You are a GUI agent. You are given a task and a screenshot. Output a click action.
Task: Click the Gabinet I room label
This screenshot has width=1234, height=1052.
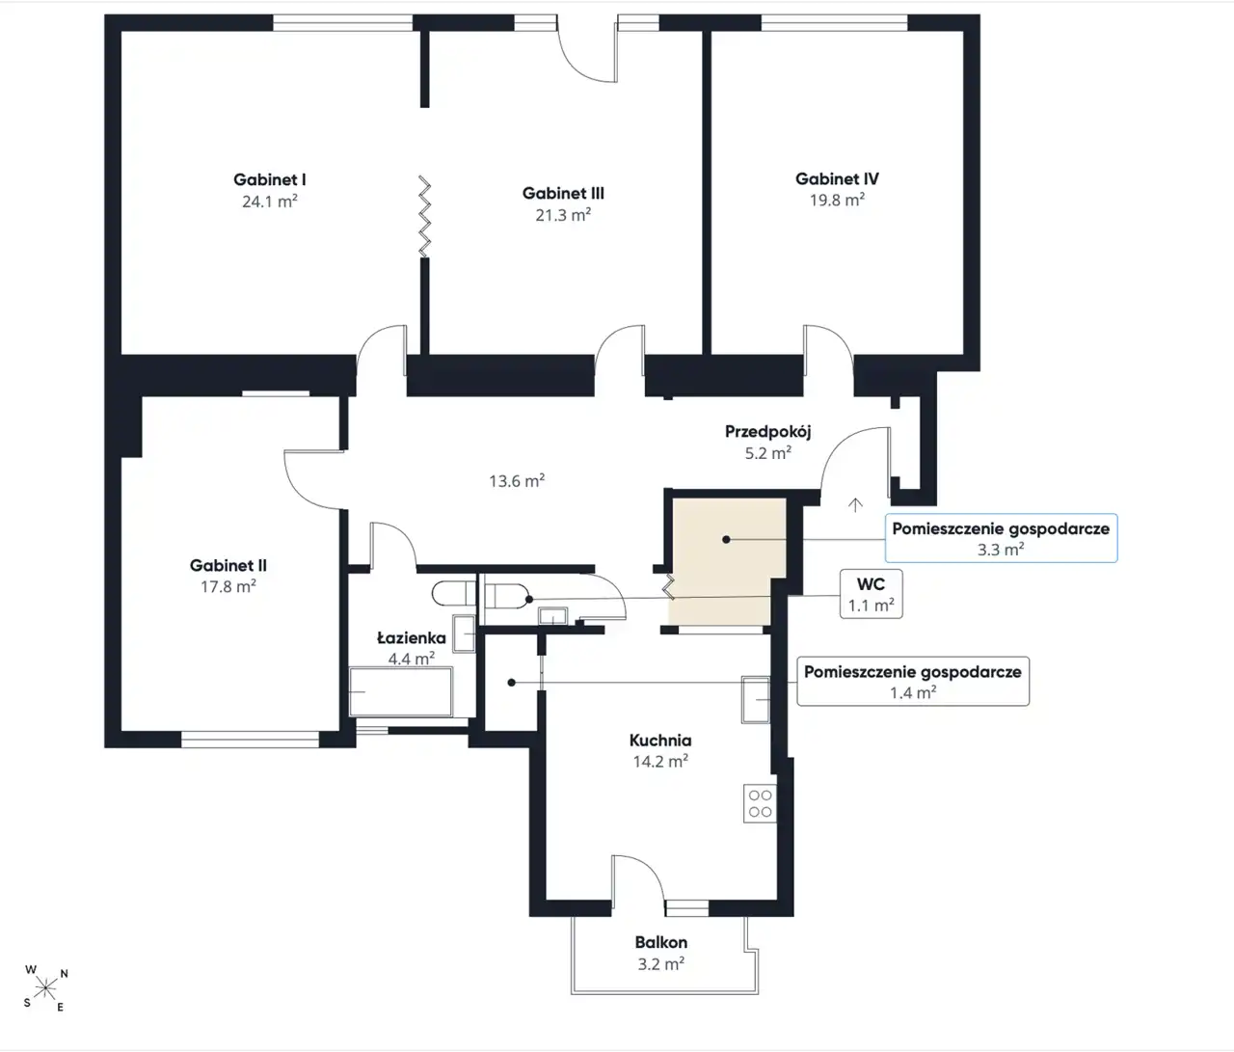270,179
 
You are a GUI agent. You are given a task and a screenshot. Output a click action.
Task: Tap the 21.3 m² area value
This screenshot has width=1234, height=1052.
563,214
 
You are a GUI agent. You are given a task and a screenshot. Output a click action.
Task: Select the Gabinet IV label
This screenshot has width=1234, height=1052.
837,178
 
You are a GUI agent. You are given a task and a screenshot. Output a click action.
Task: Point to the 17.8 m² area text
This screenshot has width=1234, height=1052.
228,586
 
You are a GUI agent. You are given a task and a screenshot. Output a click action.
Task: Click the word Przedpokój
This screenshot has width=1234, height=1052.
767,432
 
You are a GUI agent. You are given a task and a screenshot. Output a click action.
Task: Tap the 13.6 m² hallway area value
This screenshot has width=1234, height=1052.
517,480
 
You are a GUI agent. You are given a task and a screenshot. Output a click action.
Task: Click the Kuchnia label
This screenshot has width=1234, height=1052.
660,741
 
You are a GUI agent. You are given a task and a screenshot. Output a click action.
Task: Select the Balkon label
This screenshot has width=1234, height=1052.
661,942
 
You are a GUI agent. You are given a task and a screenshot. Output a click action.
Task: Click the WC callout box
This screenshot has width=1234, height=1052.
871,594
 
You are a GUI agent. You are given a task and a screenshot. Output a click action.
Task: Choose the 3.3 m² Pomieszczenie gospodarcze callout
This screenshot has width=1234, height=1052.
1001,538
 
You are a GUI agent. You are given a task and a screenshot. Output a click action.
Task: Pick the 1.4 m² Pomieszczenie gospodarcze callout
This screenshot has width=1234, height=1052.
913,681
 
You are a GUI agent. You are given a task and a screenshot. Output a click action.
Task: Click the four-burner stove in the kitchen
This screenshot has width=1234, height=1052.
760,803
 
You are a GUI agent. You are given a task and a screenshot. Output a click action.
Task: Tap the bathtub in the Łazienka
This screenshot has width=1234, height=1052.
401,692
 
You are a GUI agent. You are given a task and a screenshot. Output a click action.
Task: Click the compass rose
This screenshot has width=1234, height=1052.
45,989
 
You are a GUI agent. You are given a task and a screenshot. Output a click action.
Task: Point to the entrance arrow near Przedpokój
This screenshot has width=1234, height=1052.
855,505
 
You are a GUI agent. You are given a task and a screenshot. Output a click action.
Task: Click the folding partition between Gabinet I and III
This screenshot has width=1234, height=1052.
424,217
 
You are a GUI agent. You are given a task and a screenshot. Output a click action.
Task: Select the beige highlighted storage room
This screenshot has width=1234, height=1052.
727,561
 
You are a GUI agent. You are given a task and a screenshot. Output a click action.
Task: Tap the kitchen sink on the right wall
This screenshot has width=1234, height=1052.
756,699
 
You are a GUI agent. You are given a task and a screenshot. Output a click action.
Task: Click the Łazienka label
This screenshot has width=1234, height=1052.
412,637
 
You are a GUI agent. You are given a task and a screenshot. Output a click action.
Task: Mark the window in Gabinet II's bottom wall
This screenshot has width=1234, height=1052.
250,741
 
